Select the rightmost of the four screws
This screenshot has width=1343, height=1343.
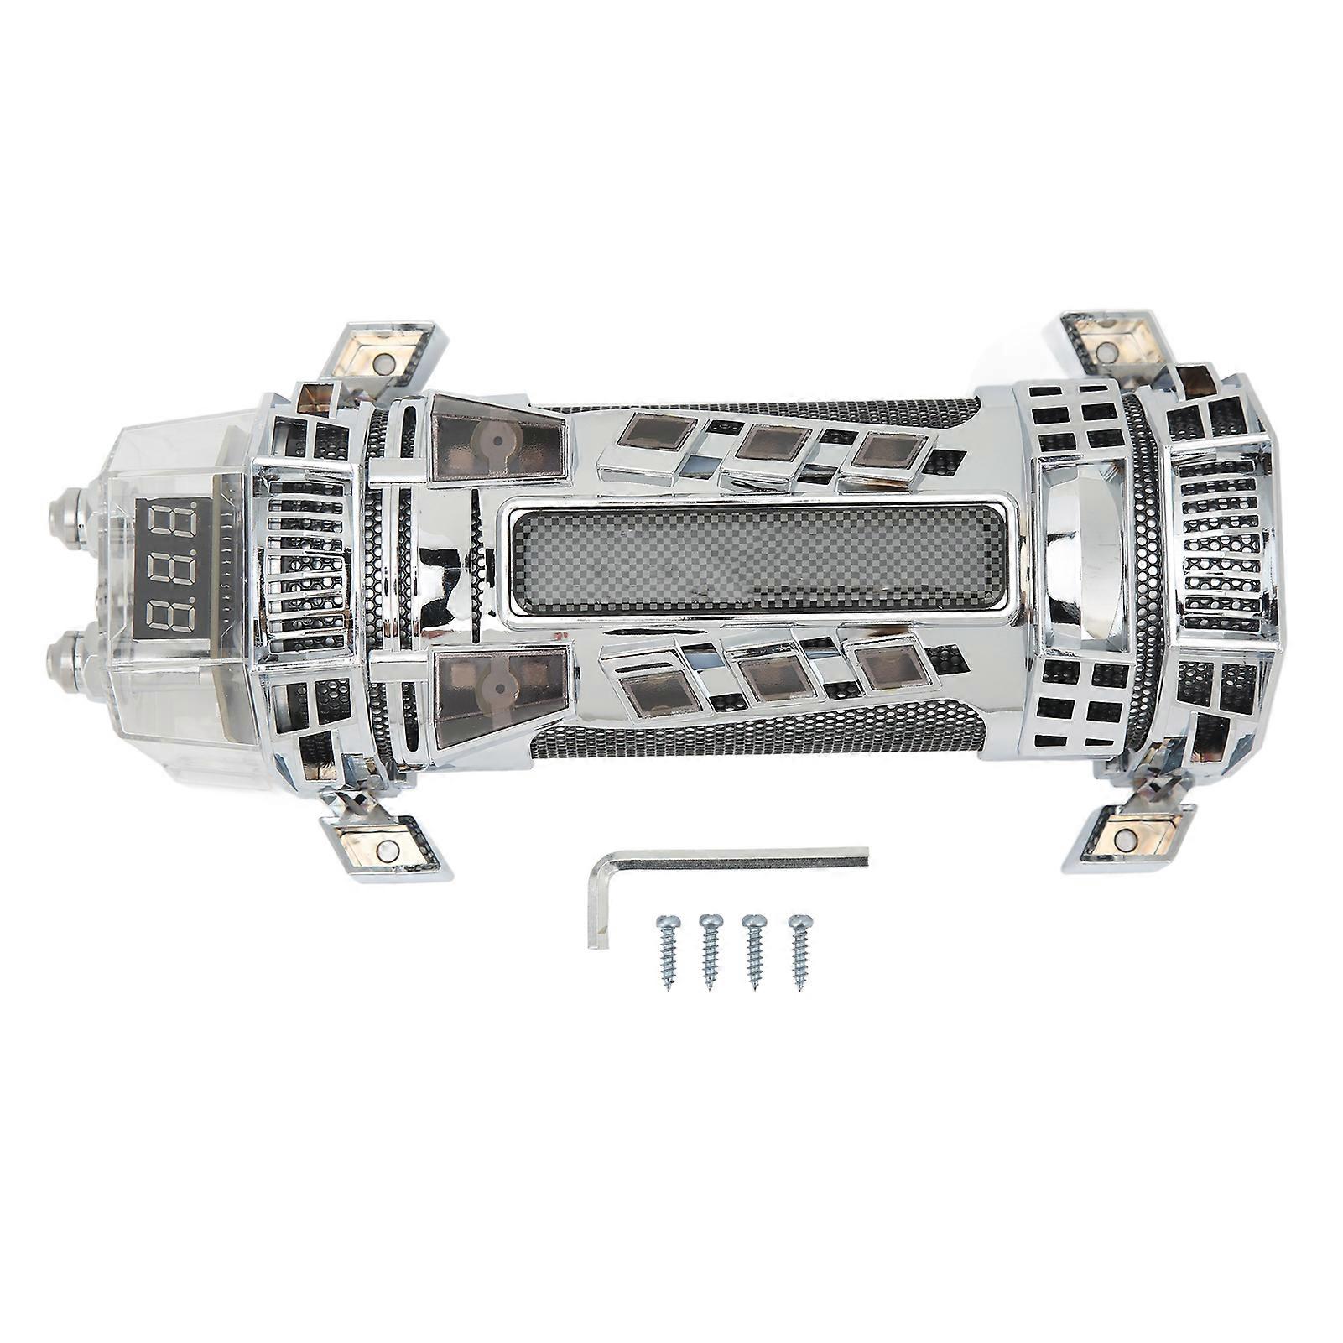(797, 953)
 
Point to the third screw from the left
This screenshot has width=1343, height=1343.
(752, 953)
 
